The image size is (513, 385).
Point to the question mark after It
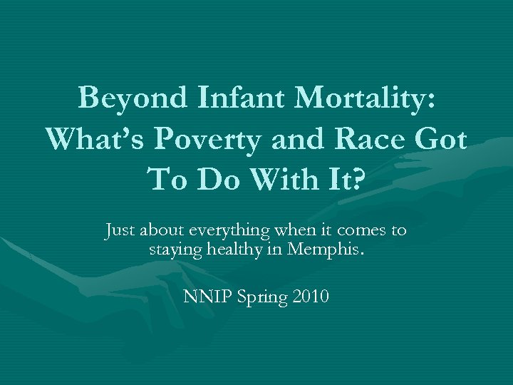click(356, 179)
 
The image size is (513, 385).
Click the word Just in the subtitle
click(120, 230)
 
